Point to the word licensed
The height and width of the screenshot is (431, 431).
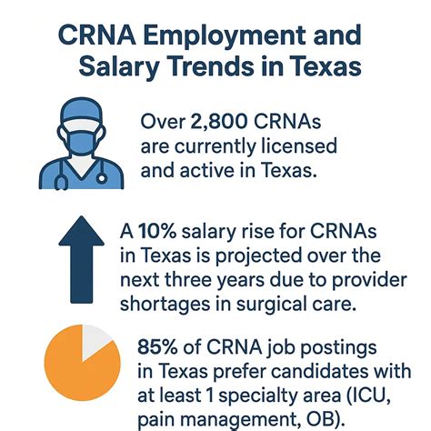[x=278, y=145]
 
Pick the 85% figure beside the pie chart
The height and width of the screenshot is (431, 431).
[x=161, y=348]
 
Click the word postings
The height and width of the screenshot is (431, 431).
[x=317, y=348]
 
